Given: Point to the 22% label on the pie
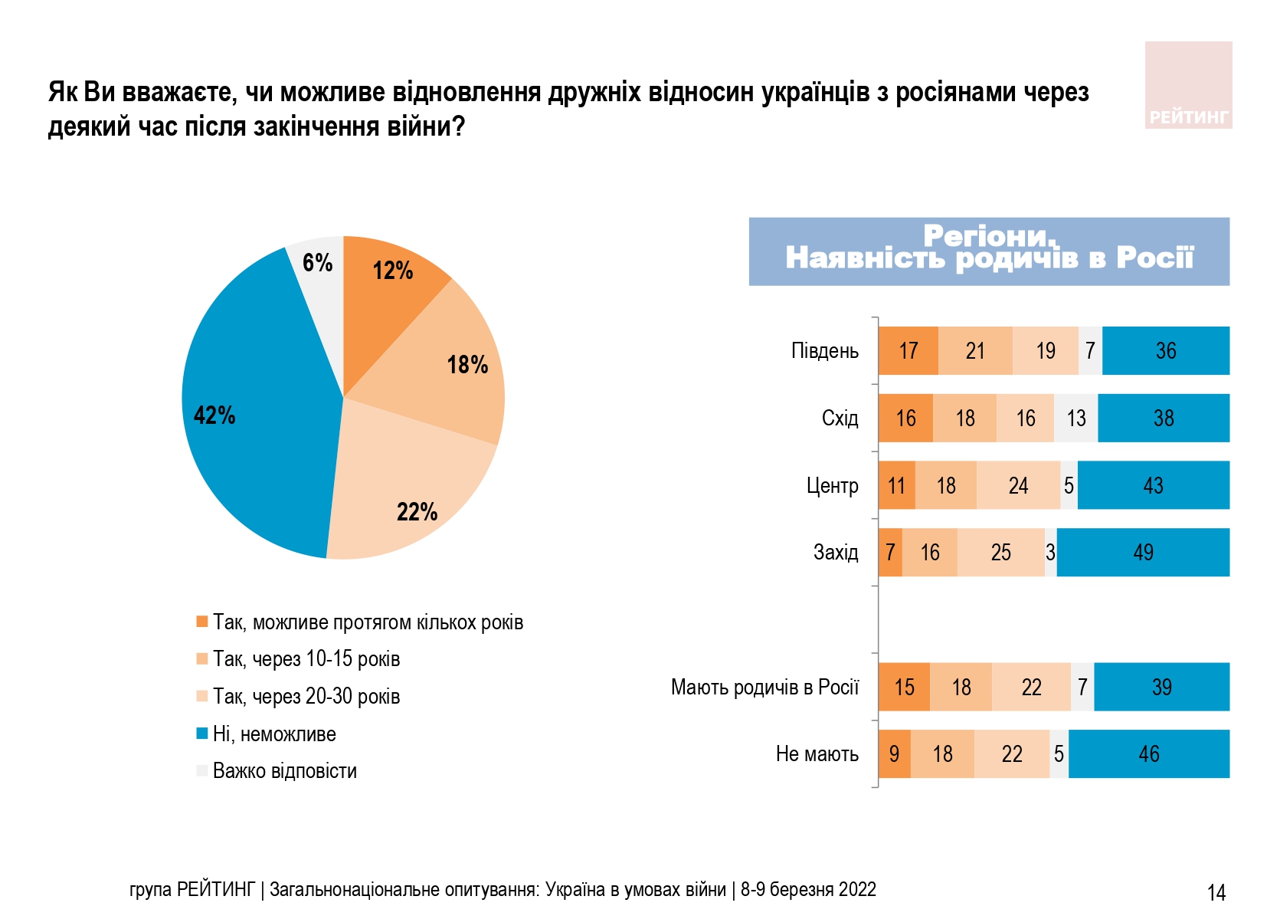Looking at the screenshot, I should [x=417, y=512].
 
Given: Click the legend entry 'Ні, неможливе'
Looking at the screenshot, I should [x=273, y=734].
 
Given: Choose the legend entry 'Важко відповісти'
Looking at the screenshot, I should [x=284, y=770].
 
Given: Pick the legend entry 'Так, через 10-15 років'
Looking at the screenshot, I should [x=306, y=658].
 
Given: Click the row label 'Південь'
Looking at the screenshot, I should [x=824, y=351].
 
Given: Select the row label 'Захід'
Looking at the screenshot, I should [x=835, y=552].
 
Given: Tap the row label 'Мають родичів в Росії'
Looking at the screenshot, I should [x=764, y=687].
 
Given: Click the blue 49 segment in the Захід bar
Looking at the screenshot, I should [x=1143, y=552].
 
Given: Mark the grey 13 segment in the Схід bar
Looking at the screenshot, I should [x=1075, y=418].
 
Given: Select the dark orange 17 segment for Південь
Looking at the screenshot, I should [x=908, y=351].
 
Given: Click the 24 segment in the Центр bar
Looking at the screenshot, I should [x=1018, y=485].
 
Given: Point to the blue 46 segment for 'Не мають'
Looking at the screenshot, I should [x=1148, y=753].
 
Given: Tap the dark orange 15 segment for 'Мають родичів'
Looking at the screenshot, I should [x=904, y=687].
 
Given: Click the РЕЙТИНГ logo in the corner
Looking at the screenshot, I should [x=1188, y=85].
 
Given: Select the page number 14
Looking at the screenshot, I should [x=1216, y=892].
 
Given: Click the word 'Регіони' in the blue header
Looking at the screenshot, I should [x=988, y=235].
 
